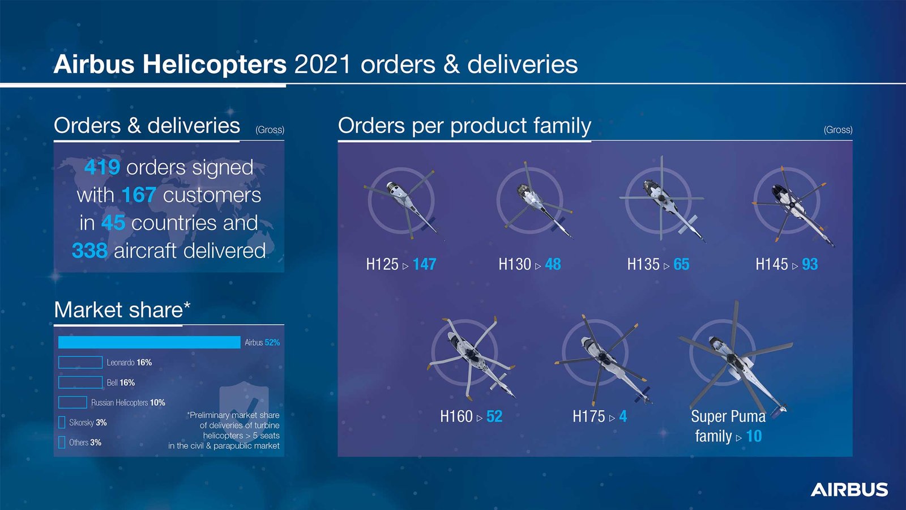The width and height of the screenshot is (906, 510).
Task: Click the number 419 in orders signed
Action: pyautogui.click(x=102, y=167)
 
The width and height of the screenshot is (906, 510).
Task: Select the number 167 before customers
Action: pyautogui.click(x=139, y=195)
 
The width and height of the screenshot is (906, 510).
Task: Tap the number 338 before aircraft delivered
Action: pyautogui.click(x=89, y=250)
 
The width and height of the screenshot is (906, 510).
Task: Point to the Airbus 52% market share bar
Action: pyautogui.click(x=149, y=342)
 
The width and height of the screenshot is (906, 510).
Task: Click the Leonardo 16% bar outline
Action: pyautogui.click(x=80, y=363)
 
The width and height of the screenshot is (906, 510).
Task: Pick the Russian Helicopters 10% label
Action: pyautogui.click(x=128, y=403)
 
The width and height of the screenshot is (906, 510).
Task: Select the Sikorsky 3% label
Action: pyautogui.click(x=88, y=423)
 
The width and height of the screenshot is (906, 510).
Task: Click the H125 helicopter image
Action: pyautogui.click(x=402, y=202)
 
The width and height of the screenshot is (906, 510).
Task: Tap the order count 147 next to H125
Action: pyautogui.click(x=424, y=264)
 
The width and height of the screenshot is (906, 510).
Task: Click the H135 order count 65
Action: pyautogui.click(x=681, y=264)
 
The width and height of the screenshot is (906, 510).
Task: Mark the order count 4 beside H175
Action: pyautogui.click(x=623, y=416)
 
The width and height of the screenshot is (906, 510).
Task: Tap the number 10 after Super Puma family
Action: pyautogui.click(x=754, y=436)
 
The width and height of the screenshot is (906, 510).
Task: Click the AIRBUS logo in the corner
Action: pyautogui.click(x=849, y=490)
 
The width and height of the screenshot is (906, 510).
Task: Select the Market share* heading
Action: pyautogui.click(x=122, y=310)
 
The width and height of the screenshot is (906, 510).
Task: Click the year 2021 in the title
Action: pyautogui.click(x=323, y=64)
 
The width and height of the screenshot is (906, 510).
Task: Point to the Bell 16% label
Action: pyautogui.click(x=121, y=383)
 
